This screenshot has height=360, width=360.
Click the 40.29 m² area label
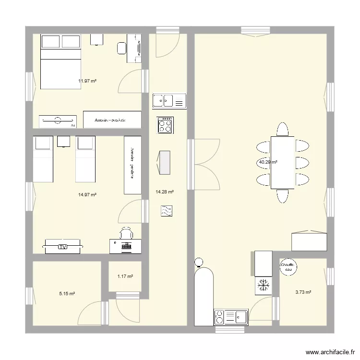pyautogui.click(x=268, y=162)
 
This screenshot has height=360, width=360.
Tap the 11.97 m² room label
pyautogui.click(x=87, y=81)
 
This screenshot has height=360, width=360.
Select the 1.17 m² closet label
pyautogui.click(x=125, y=276)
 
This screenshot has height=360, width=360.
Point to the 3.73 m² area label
pyautogui.click(x=303, y=292)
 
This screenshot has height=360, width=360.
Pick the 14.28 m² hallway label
pyautogui.click(x=165, y=192)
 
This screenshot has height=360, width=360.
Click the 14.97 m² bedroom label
pyautogui.click(x=87, y=195)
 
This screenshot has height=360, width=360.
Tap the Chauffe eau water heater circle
pyautogui.click(x=288, y=267)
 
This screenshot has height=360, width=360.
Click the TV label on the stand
pyautogui.click(x=62, y=247)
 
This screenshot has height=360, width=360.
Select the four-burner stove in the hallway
pyautogui.click(x=165, y=125)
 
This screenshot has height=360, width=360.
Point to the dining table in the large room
pyautogui.click(x=282, y=162)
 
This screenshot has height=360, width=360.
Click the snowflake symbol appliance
pyautogui.click(x=263, y=286)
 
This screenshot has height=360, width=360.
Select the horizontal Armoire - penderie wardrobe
pyautogui.click(x=112, y=120)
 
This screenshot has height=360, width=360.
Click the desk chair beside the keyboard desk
pyautogui.click(x=126, y=234)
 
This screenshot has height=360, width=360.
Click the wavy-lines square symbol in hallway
pyautogui.click(x=167, y=211)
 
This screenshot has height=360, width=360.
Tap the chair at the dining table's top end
pyautogui.click(x=282, y=129)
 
